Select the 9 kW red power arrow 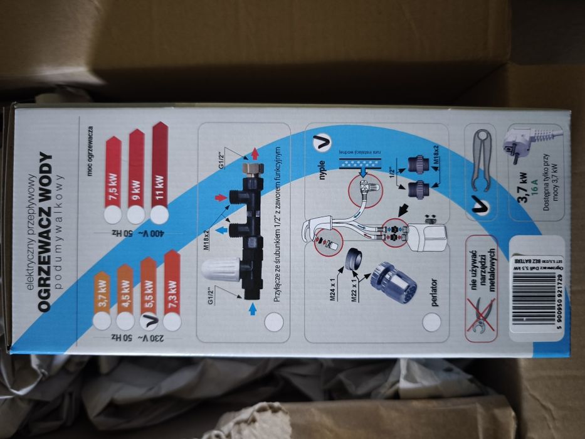(x=135, y=176)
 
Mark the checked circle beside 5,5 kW (x=149, y=321)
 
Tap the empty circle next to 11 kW (x=159, y=214)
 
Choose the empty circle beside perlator (x=431, y=322)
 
